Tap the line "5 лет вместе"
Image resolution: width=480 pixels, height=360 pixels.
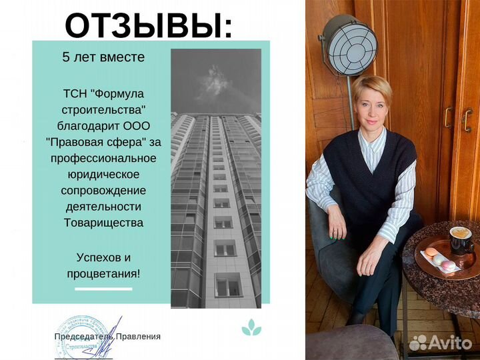103,57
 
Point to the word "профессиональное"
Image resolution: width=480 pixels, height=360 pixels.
103,158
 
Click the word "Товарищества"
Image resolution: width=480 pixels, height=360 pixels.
103,223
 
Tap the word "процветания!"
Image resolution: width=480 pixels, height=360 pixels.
103,272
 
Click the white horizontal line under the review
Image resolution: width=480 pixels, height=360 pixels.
103,289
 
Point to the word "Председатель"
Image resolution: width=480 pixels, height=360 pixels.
84,337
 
